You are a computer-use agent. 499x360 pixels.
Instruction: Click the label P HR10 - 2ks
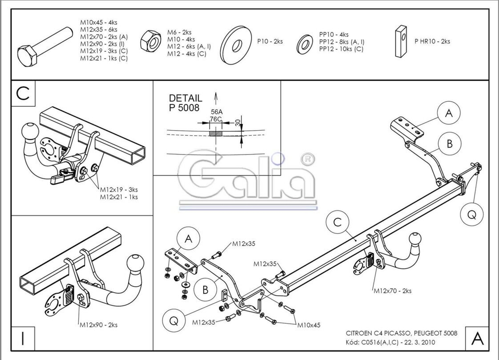[432, 41]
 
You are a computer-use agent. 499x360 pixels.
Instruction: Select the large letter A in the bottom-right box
[477, 339]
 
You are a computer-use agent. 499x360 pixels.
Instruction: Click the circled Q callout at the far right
[472, 214]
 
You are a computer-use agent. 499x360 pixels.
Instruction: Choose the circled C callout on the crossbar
[338, 222]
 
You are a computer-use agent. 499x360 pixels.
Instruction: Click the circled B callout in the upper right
[450, 144]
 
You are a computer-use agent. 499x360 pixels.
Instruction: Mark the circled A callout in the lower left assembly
[188, 239]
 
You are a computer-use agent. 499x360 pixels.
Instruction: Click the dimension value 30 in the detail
[238, 122]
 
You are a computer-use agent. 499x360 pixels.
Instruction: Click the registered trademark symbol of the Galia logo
[308, 159]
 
